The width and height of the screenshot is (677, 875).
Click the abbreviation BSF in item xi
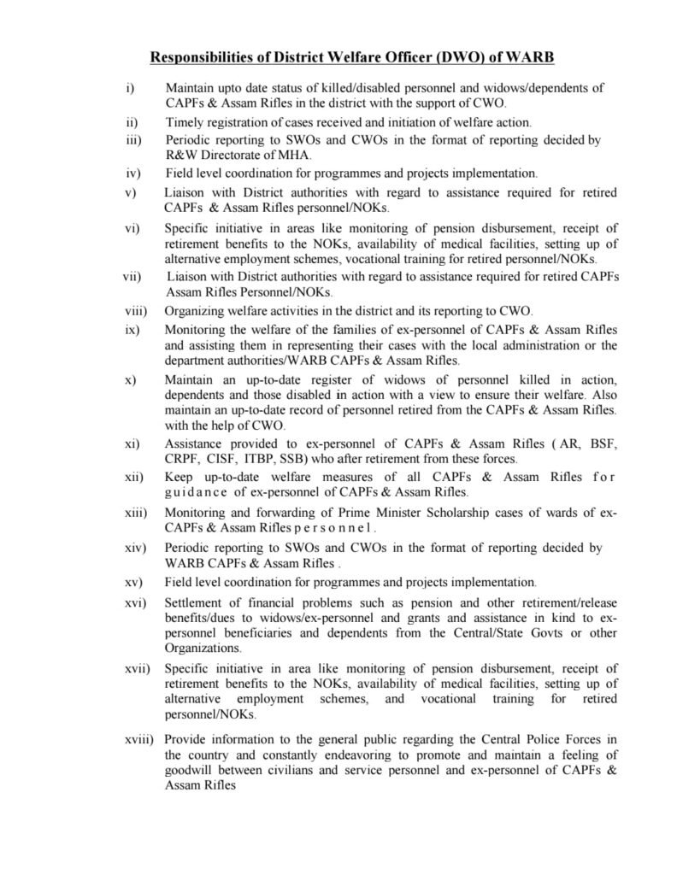(x=602, y=444)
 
